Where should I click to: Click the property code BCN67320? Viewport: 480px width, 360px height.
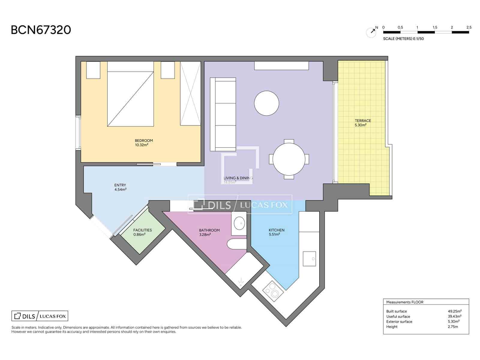pos(41,30)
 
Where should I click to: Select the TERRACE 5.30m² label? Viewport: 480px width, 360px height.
pos(363,123)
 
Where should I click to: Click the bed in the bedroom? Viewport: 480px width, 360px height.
pos(130,96)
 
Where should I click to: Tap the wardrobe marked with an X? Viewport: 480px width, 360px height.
pos(190,93)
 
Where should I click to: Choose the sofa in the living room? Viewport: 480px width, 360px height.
pos(223,114)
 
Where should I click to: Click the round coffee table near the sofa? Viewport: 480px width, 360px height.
pos(266,103)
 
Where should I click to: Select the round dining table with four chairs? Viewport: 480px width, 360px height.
pos(289,159)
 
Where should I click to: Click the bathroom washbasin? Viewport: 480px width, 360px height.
pos(239,223)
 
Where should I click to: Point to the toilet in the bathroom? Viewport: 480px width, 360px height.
pos(236,244)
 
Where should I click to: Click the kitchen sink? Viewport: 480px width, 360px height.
pos(309,259)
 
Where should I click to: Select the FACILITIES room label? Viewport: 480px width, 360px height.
pos(142,232)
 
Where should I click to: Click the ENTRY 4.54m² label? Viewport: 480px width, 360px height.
pos(120,187)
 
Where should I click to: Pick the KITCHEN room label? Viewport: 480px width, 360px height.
pos(276,232)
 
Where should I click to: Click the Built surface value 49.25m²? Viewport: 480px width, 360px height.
pos(454,311)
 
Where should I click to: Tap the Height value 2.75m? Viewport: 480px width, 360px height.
pos(453,327)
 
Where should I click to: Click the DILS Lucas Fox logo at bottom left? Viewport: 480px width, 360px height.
pos(40,316)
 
